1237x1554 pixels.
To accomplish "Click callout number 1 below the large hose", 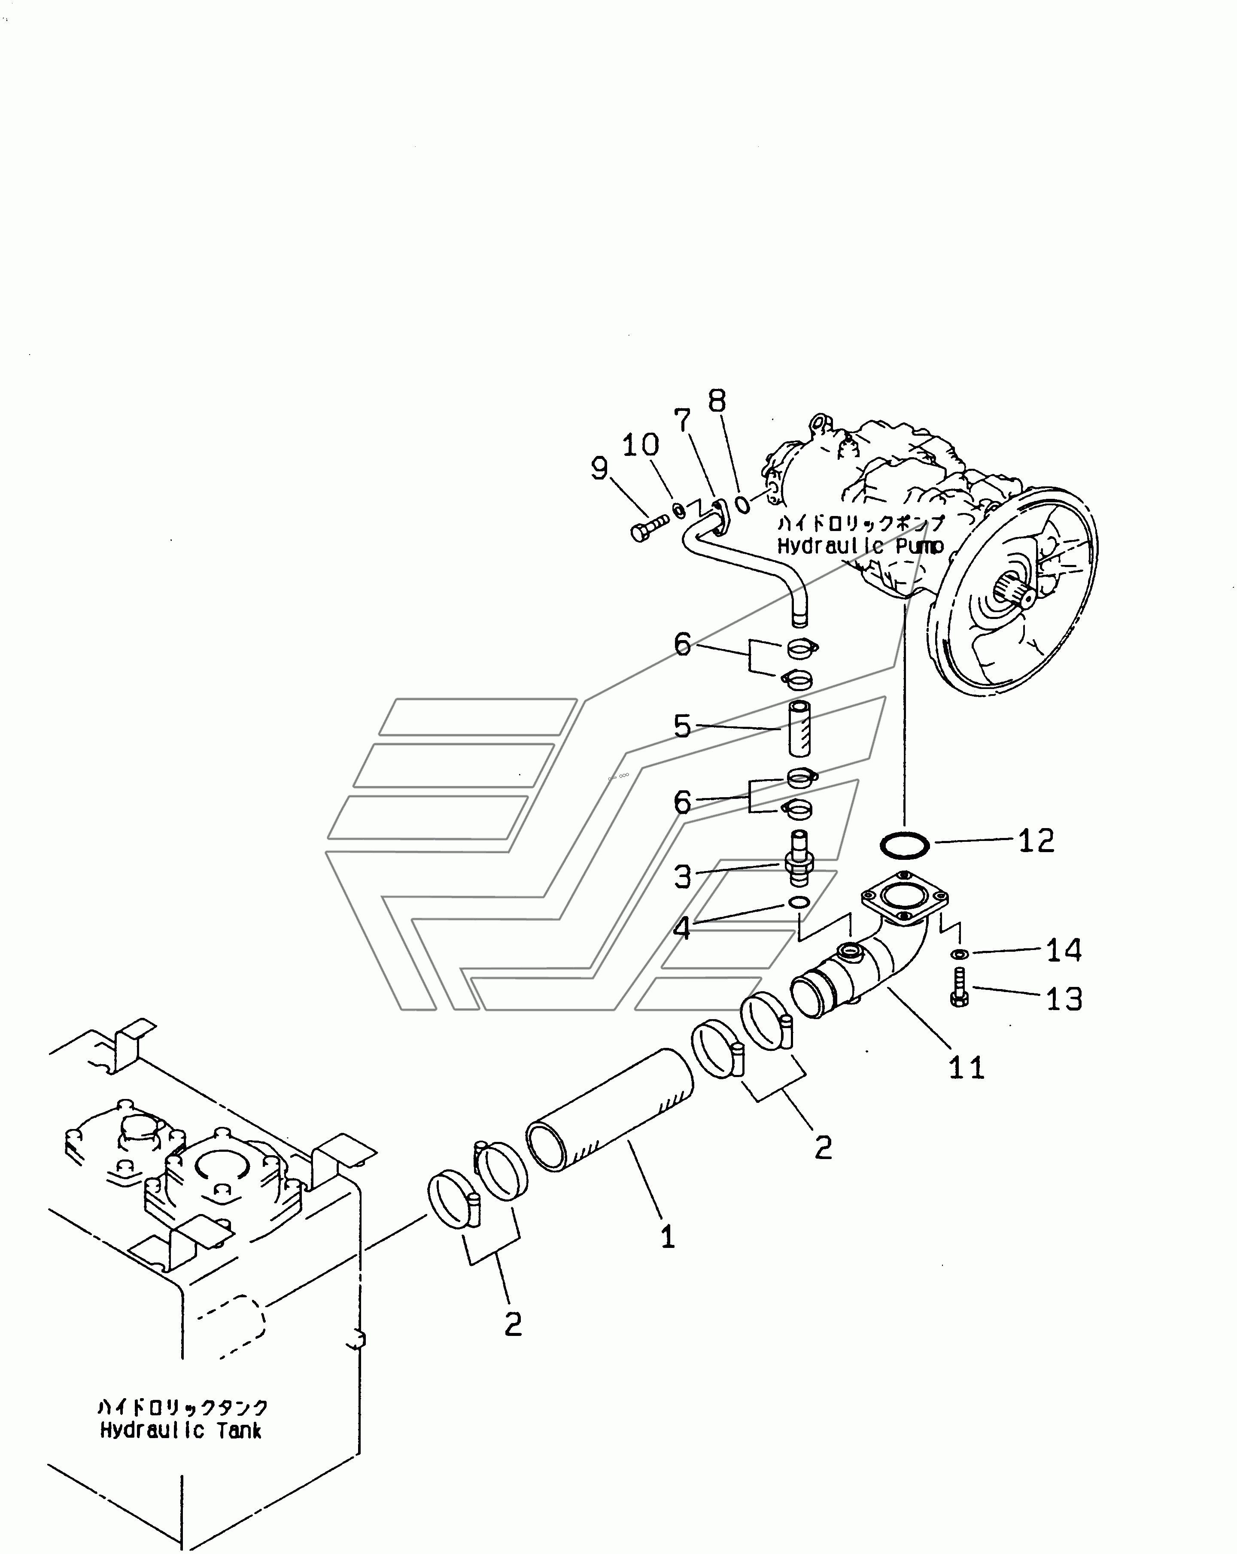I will click(x=668, y=1238).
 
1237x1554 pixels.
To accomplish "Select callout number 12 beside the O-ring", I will click(x=1036, y=841).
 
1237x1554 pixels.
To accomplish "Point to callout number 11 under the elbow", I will click(x=966, y=1067).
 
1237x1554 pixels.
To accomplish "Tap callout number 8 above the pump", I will click(x=717, y=401).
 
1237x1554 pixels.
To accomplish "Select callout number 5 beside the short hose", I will click(x=682, y=726).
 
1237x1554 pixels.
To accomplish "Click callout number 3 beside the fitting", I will click(x=682, y=877).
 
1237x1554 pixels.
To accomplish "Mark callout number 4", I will click(x=682, y=929).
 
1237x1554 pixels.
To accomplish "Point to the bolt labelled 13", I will click(x=959, y=989).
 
